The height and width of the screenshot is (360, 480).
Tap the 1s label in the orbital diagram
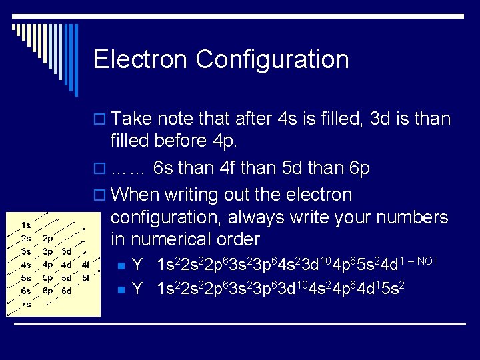tap(25, 225)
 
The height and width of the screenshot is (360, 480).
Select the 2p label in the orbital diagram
tap(48, 238)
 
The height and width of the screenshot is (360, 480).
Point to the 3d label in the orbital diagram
tap(66, 251)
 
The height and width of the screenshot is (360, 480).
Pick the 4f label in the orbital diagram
tap(85, 265)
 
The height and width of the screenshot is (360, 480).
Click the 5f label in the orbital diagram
tap(85, 277)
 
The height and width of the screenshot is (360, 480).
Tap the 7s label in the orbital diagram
tap(25, 303)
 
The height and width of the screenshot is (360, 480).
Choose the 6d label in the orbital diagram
tap(66, 291)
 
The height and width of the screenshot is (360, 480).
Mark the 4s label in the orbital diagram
tap(25, 265)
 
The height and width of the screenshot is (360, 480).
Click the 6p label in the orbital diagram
tap(48, 291)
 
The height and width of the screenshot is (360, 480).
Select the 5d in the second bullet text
tap(292, 168)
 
